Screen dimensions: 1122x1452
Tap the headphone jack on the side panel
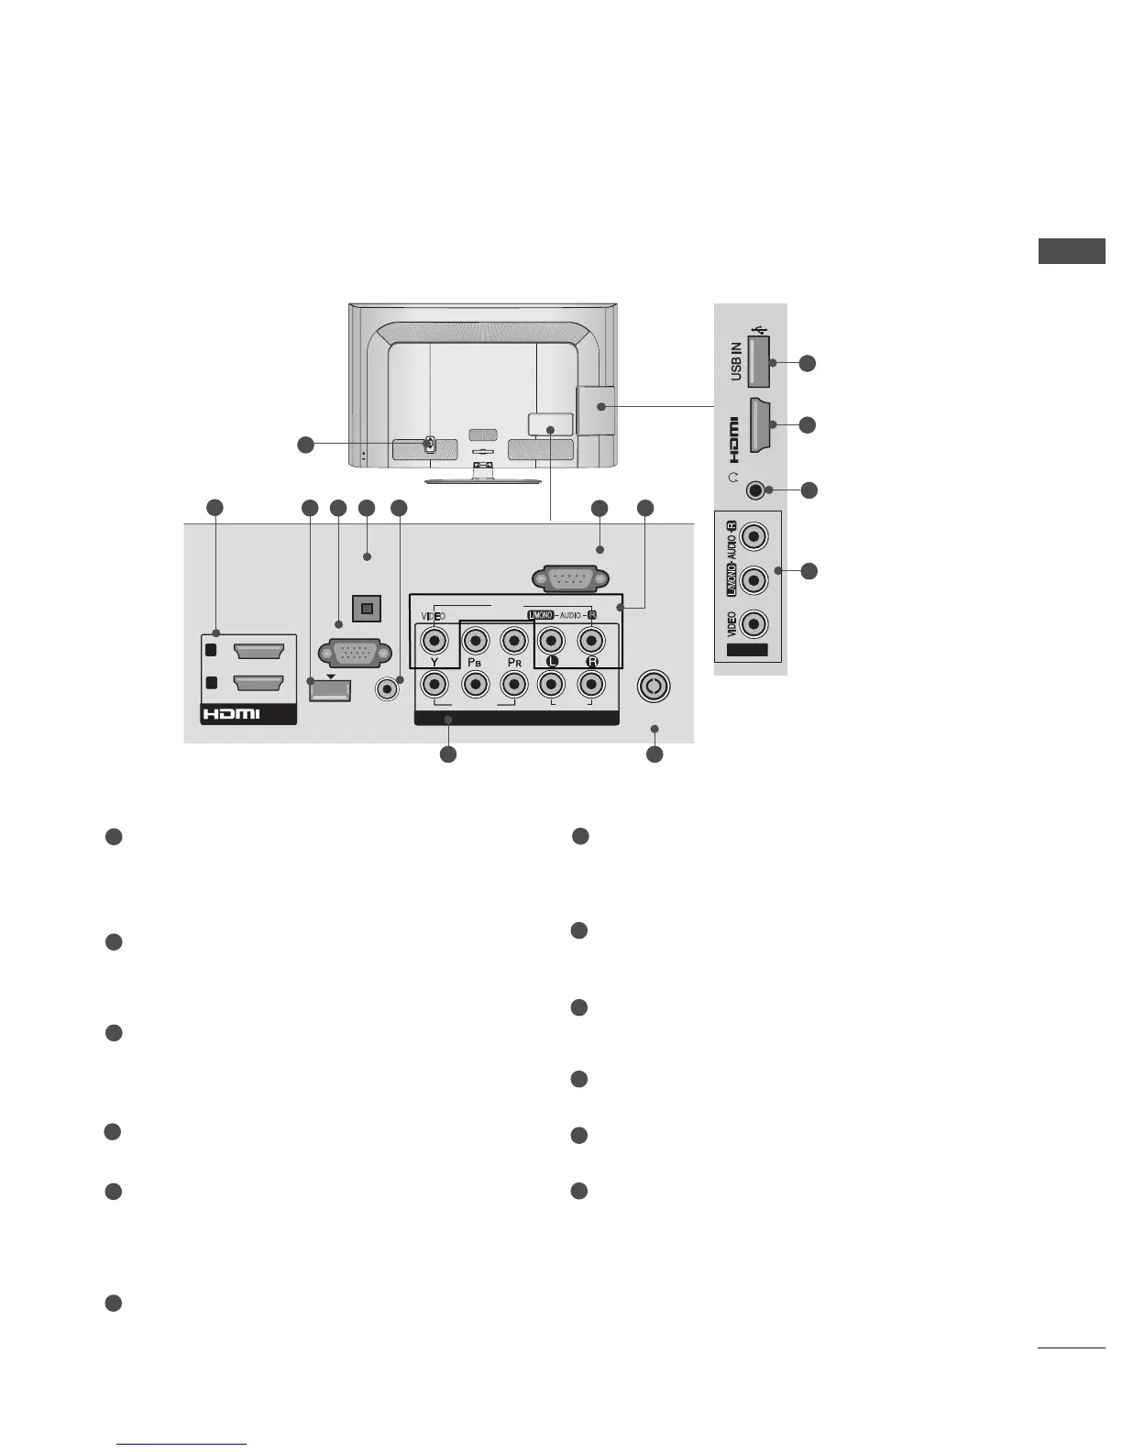point(753,489)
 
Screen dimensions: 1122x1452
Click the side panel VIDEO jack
point(753,625)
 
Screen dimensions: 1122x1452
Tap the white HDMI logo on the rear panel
point(232,713)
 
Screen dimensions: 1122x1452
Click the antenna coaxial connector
point(654,687)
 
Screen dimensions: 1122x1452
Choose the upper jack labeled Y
point(433,640)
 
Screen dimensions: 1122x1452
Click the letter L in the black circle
point(551,662)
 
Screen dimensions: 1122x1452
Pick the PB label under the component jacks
point(474,662)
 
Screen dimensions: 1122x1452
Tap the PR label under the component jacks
point(514,662)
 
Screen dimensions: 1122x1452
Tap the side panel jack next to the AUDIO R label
point(753,535)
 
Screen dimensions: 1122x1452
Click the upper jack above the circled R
point(591,640)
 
